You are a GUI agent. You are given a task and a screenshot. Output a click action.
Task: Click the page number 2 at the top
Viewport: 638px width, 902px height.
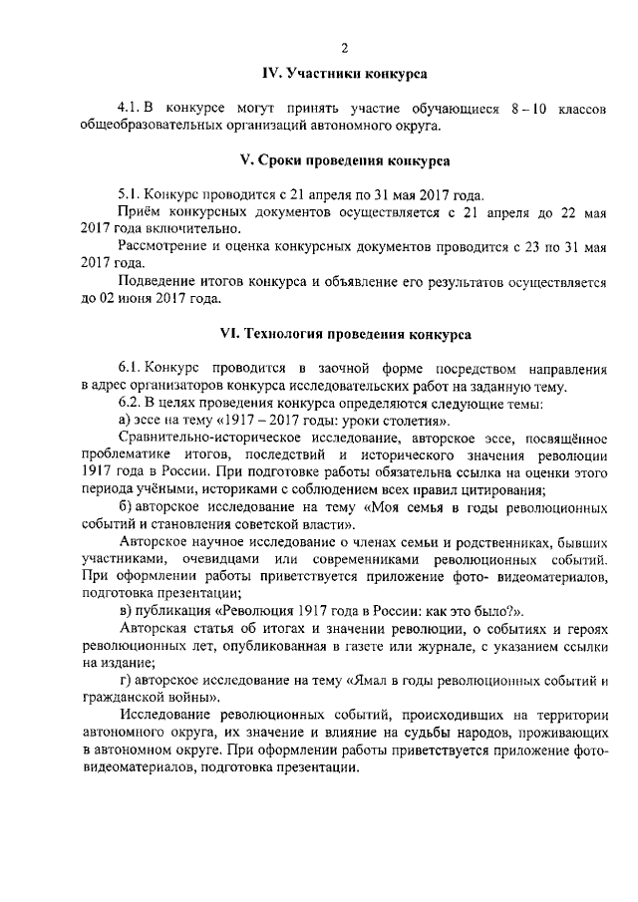(344, 49)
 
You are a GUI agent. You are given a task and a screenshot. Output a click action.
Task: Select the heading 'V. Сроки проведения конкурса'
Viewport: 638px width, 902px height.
(345, 160)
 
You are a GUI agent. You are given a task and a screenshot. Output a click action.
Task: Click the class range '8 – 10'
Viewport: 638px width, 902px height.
(534, 108)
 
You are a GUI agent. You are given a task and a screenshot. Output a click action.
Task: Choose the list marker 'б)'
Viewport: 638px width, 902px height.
(125, 507)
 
